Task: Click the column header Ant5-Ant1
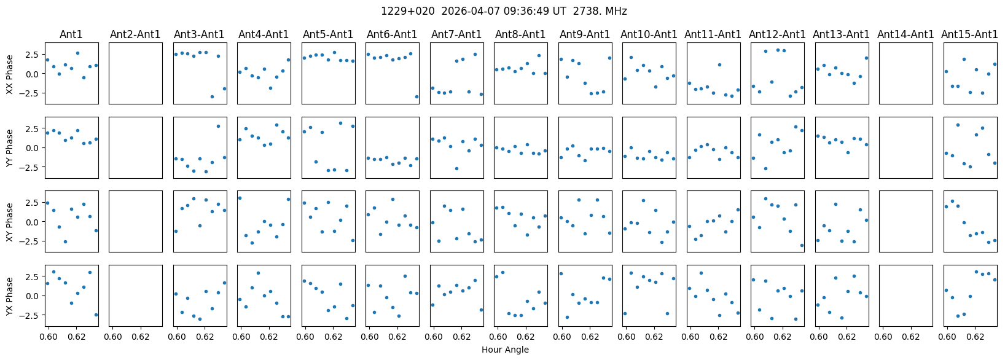pos(328,34)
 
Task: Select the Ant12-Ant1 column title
pos(777,34)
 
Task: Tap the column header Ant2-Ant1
pos(135,34)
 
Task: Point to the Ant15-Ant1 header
pos(969,34)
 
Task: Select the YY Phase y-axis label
pos(9,148)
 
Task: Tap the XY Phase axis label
pos(9,222)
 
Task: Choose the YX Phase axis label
pos(9,296)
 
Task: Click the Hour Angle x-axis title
pos(505,350)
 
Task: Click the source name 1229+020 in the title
pos(408,11)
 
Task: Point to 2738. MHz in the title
pos(600,11)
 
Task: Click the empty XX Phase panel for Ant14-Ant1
pos(905,73)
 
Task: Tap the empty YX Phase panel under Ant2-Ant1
pos(135,295)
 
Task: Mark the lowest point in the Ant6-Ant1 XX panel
pos(417,96)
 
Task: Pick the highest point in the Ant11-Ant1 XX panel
pos(719,65)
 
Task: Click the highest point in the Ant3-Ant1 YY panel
pos(219,126)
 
